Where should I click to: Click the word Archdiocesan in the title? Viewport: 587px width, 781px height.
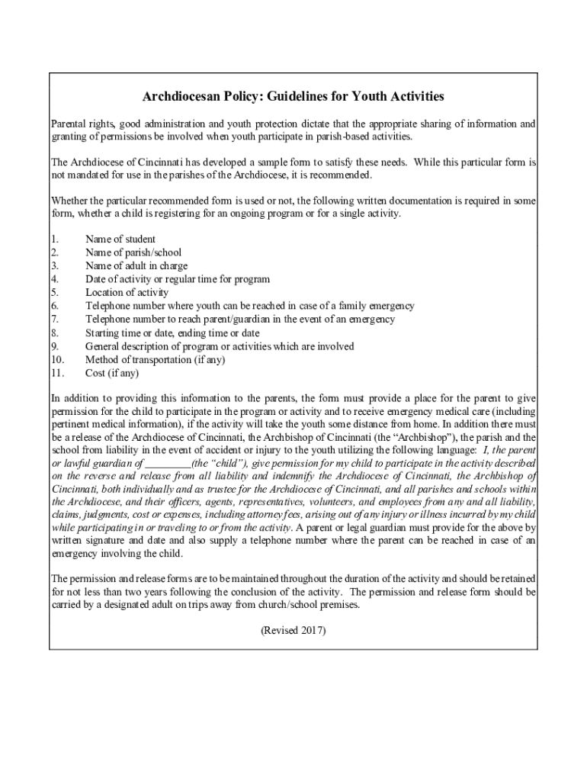pos(180,97)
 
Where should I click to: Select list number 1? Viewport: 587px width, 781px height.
pos(54,239)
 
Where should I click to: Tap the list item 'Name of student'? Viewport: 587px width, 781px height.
pos(120,239)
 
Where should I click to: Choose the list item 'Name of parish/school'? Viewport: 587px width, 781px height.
pos(133,252)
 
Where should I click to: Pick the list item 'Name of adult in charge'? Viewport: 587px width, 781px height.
pos(136,266)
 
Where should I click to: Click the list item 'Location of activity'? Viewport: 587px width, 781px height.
pos(127,293)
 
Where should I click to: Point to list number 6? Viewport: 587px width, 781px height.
pos(54,306)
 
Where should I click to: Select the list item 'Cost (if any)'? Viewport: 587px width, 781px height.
pos(112,373)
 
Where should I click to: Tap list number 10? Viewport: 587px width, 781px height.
pos(57,360)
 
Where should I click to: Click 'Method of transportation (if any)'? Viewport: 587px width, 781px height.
pos(155,360)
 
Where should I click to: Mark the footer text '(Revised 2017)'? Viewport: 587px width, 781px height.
pos(293,630)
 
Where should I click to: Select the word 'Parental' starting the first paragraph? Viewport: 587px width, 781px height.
pos(69,124)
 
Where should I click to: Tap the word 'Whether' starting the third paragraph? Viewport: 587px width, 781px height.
pos(69,201)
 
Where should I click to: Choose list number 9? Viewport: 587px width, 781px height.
pos(54,346)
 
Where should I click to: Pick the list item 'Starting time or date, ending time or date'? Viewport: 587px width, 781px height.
pos(172,333)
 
